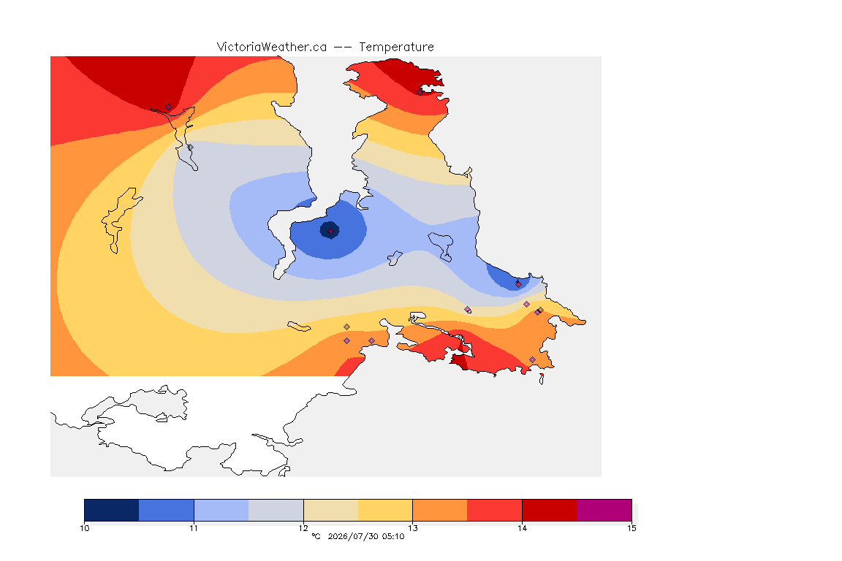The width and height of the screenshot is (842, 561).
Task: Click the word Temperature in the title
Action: point(396,47)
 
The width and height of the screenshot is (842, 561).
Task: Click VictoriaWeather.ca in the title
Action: point(272,47)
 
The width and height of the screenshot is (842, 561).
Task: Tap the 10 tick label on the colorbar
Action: point(84,528)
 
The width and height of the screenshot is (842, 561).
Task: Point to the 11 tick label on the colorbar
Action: point(194,528)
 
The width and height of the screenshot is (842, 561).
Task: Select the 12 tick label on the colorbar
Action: point(303,528)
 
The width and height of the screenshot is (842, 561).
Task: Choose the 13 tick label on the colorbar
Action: point(412,528)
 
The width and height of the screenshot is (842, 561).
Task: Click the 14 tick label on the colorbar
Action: point(522,528)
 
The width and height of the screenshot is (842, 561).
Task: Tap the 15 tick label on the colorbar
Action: point(631,528)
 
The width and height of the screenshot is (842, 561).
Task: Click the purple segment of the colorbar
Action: point(604,510)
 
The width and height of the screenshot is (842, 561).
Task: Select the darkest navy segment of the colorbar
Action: point(112,510)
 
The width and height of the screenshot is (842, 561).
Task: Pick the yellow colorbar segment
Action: point(385,510)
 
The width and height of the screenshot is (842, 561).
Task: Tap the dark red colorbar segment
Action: point(550,510)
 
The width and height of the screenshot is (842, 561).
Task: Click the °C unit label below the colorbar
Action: point(316,536)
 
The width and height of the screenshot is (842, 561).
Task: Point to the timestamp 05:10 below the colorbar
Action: point(394,536)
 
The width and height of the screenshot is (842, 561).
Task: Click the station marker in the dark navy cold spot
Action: point(331,231)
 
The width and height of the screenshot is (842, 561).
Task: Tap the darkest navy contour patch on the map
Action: point(330,230)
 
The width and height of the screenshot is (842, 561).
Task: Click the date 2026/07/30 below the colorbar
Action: point(353,536)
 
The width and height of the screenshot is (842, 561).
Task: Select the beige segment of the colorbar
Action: point(331,510)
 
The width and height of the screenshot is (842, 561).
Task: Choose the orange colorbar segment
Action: point(440,510)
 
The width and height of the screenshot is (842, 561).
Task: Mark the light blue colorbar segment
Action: point(221,510)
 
